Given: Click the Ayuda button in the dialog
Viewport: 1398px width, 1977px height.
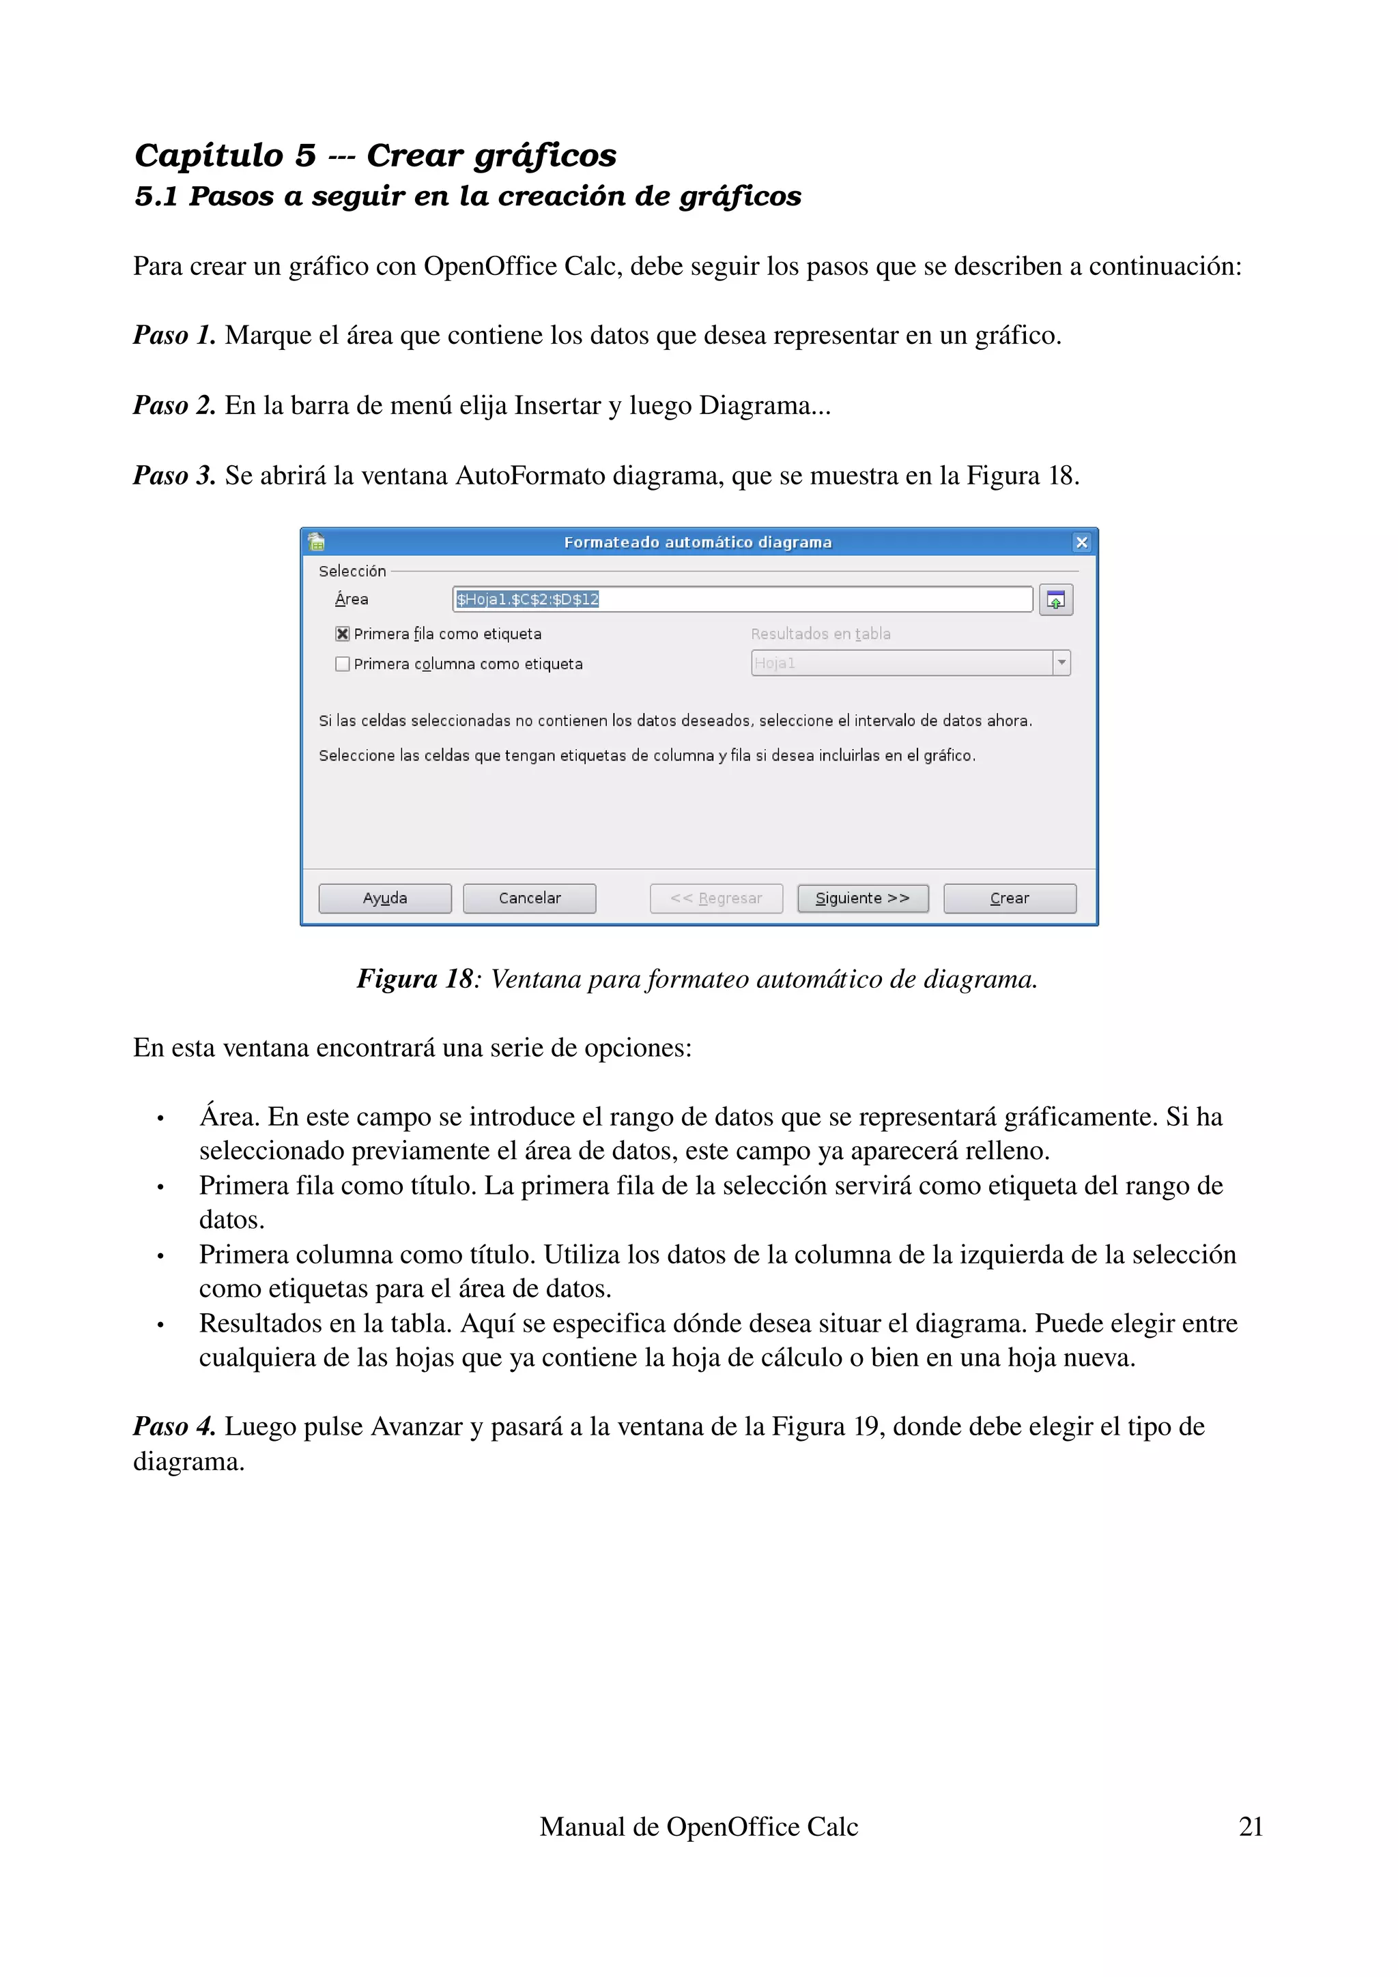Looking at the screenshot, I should [385, 898].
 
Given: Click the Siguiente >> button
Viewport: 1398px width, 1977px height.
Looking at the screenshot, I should [862, 898].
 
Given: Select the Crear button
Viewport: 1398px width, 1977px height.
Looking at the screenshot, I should [1010, 898].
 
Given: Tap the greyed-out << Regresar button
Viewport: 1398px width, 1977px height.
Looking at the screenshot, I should [716, 898].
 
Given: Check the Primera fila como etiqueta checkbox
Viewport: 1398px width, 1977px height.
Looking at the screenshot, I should [343, 634].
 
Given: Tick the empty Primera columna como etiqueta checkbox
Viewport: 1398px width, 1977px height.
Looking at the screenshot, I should [343, 664].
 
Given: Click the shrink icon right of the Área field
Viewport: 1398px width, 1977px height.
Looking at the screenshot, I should [1055, 600].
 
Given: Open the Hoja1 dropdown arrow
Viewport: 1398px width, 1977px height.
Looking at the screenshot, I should [1061, 663].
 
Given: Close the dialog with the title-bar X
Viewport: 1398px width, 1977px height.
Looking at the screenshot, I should [1082, 542].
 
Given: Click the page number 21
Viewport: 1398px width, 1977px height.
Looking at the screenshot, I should [1250, 1826].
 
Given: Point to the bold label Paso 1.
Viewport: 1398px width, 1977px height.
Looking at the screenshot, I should [174, 335].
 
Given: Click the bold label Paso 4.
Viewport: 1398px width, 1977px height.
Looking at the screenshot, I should [174, 1426].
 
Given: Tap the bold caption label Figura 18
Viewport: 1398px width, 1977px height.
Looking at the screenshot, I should [415, 979].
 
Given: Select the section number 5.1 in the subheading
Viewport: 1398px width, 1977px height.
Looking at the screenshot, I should [156, 196].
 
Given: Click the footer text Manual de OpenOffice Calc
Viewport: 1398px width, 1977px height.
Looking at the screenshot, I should [698, 1826].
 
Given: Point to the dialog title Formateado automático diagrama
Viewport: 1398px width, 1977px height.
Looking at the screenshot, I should [698, 542].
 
